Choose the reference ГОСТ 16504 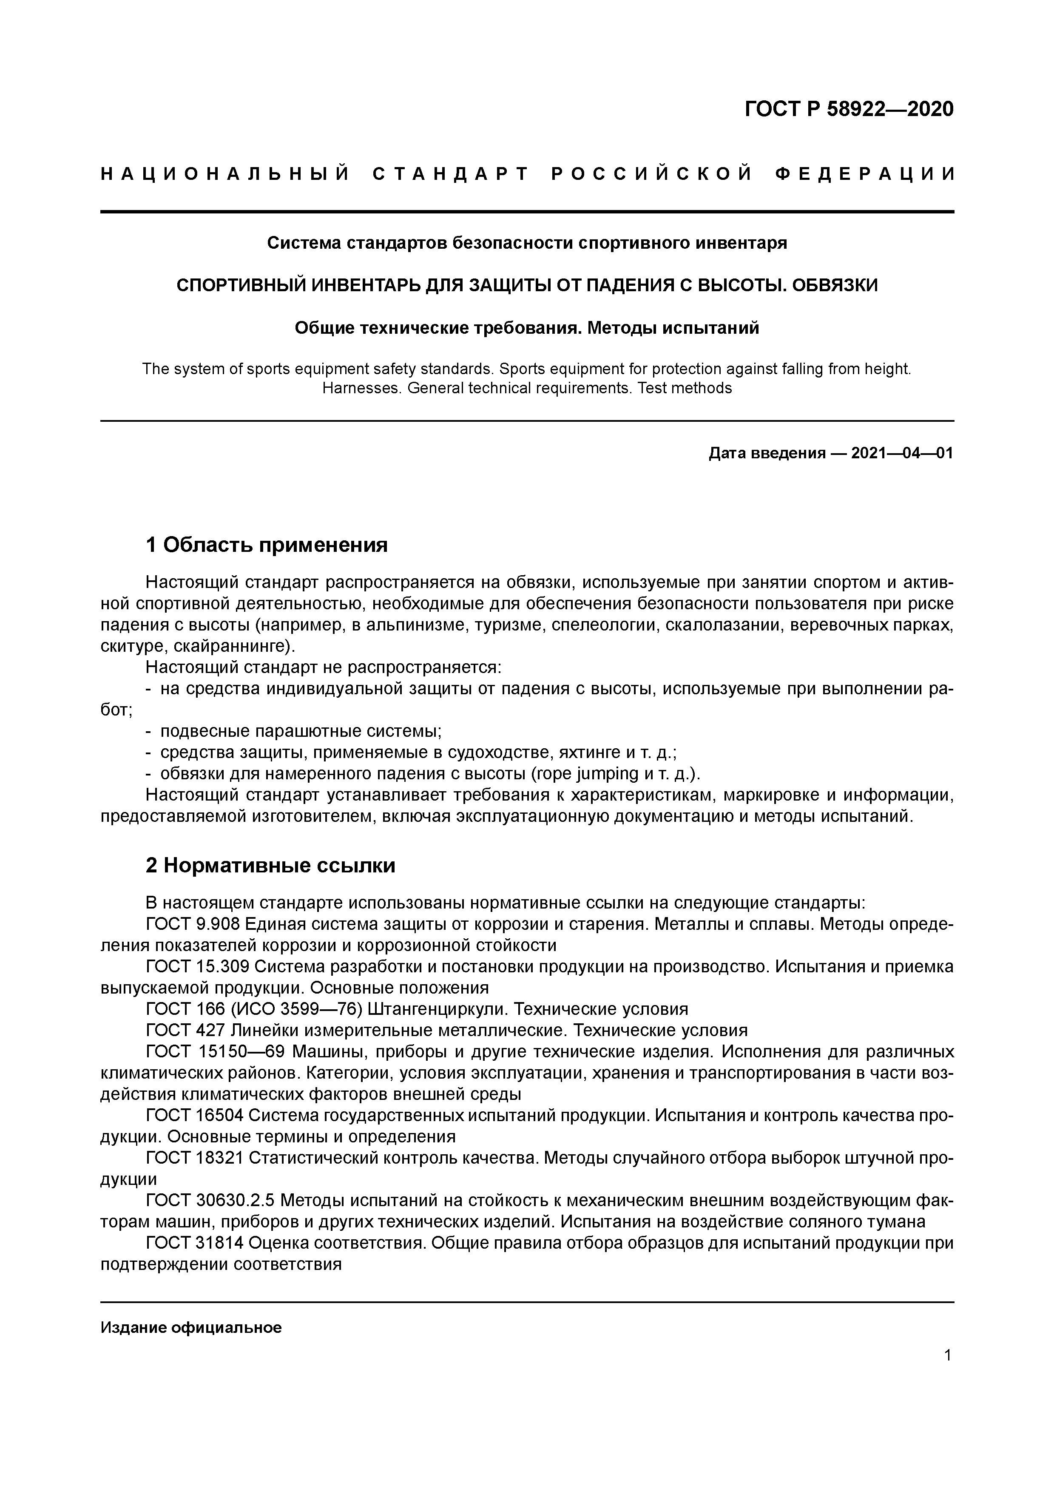click(x=195, y=1116)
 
